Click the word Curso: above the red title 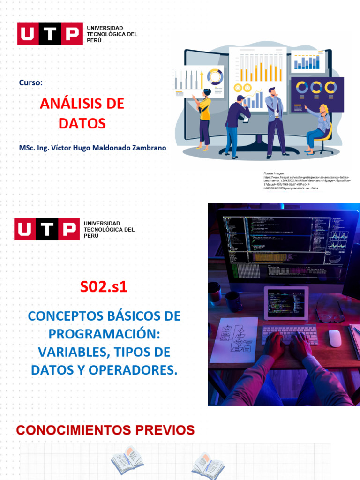(x=31, y=83)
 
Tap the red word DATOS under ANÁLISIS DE (x=82, y=124)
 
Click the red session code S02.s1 (x=104, y=287)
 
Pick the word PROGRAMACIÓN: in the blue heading (x=105, y=334)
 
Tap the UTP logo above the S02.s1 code (x=46, y=229)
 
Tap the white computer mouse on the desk (x=335, y=337)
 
